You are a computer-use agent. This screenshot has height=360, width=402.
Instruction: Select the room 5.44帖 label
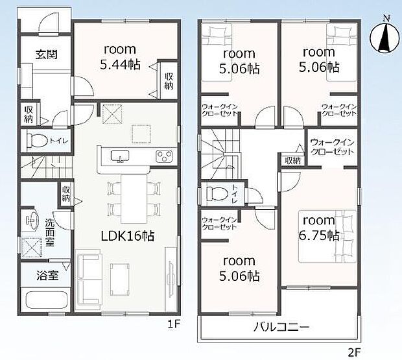(119, 56)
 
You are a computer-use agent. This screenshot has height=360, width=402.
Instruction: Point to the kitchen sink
(121, 156)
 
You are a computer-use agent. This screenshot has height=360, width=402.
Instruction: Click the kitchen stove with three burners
(163, 156)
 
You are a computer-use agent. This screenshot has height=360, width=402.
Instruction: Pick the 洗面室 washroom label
(51, 230)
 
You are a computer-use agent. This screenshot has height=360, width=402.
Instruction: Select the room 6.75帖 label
(318, 228)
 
